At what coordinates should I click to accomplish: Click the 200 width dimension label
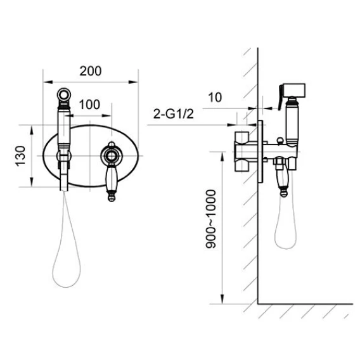[x=91, y=71]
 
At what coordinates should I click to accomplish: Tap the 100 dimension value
[x=89, y=105]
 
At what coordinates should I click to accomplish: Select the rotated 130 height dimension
[x=20, y=156]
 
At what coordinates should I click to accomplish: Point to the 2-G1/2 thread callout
[x=174, y=114]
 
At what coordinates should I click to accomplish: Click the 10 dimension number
[x=215, y=98]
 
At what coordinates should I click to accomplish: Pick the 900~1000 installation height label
[x=211, y=219]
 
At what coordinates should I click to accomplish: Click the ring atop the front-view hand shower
[x=64, y=95]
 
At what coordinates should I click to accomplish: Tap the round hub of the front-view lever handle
[x=112, y=156]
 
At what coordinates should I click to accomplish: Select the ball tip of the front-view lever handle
[x=112, y=198]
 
